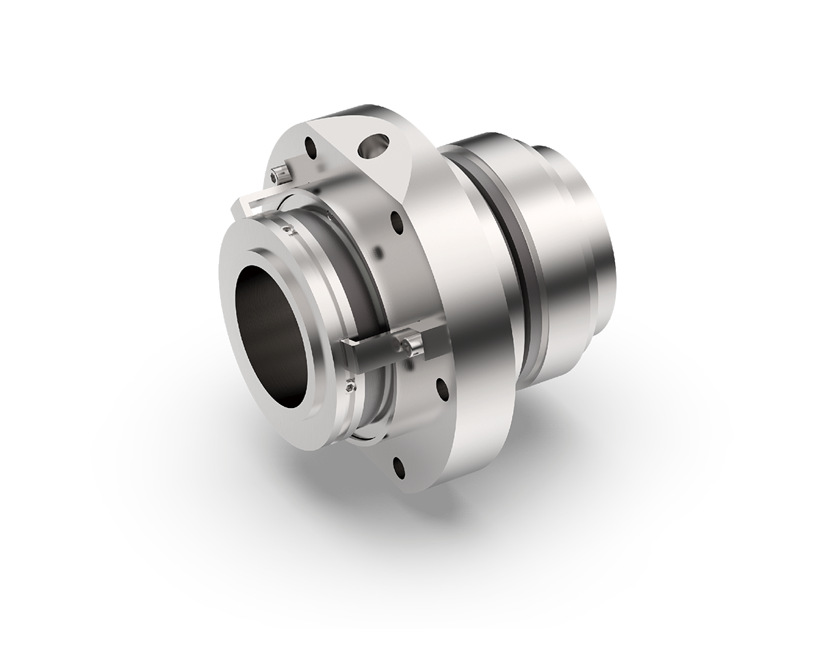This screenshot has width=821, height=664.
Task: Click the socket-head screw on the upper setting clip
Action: pos(278,175)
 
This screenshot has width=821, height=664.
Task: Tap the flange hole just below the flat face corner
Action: pos(395,222)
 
